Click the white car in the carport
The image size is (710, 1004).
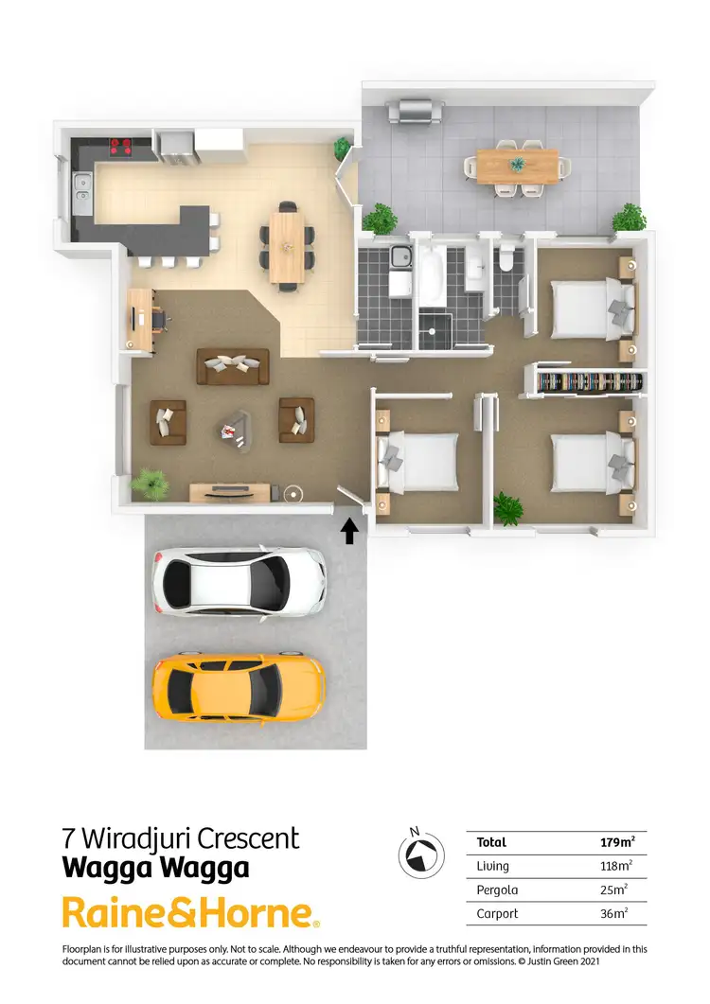240,581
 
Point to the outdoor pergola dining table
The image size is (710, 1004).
517,166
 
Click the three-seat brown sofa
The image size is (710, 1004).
232,366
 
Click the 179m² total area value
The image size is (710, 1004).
616,842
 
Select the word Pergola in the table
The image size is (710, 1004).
498,890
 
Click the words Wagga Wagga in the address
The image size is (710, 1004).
155,867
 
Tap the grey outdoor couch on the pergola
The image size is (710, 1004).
412,110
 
